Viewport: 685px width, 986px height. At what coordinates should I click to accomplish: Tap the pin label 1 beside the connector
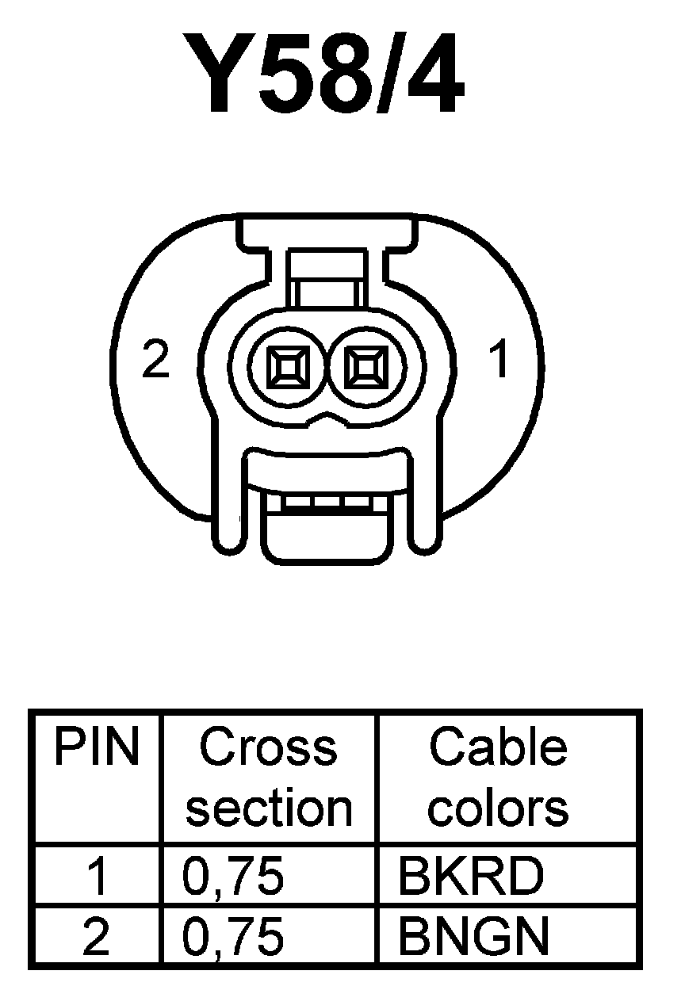(498, 361)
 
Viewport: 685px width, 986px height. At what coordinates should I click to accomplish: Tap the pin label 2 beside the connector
(155, 361)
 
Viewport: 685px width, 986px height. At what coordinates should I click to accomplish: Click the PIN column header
(97, 747)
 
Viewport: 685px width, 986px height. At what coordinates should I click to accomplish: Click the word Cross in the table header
(268, 747)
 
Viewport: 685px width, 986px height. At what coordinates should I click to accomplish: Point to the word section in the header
(268, 808)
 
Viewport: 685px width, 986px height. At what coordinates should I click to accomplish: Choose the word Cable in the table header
(498, 747)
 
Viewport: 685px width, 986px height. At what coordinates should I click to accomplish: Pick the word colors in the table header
(498, 808)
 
